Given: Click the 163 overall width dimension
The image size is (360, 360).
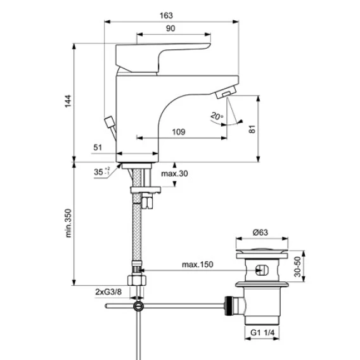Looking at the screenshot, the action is click(x=166, y=16).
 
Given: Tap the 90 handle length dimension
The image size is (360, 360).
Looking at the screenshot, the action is click(x=170, y=29).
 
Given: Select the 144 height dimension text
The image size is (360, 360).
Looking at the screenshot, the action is click(x=68, y=101).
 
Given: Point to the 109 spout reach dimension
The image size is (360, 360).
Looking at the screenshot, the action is click(x=179, y=132).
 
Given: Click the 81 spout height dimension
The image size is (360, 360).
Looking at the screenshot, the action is click(x=252, y=129).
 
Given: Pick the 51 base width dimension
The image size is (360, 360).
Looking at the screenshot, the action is click(x=98, y=148).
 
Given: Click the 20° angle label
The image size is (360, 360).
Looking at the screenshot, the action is click(x=217, y=116).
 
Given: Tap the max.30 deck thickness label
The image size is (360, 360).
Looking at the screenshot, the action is click(x=174, y=174).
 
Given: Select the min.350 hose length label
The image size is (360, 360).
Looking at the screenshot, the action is click(x=68, y=223).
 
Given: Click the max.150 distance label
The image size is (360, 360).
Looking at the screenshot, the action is click(x=198, y=264).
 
